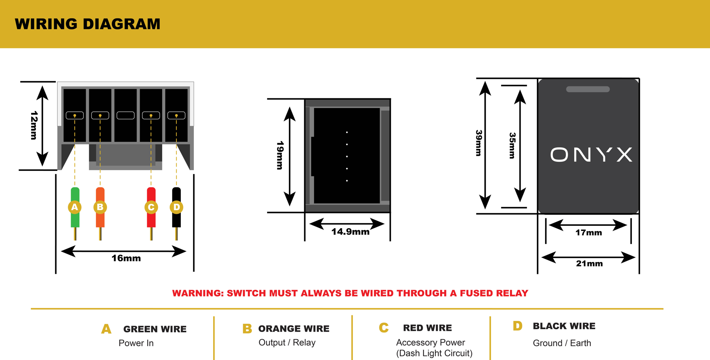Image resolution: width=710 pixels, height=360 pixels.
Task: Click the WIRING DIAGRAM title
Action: pyautogui.click(x=88, y=24)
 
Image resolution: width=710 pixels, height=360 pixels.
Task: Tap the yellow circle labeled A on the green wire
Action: pyautogui.click(x=75, y=207)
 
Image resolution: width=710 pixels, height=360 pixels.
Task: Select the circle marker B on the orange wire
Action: pyautogui.click(x=100, y=207)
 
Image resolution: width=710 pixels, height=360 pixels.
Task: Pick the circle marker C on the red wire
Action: pyautogui.click(x=151, y=207)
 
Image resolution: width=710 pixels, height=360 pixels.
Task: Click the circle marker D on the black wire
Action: pyautogui.click(x=176, y=207)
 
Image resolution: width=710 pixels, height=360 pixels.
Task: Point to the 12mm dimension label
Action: pyautogui.click(x=34, y=126)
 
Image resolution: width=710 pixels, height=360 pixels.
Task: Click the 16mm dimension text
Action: pyautogui.click(x=126, y=258)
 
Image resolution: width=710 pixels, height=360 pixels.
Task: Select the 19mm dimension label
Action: pyautogui.click(x=280, y=155)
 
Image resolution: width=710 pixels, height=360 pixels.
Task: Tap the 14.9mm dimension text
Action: pyautogui.click(x=350, y=232)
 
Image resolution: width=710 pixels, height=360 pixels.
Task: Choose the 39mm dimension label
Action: pyautogui.click(x=479, y=143)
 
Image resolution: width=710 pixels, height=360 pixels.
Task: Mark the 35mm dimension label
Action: pyautogui.click(x=512, y=145)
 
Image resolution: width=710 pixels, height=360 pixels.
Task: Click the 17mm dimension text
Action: pyautogui.click(x=588, y=232)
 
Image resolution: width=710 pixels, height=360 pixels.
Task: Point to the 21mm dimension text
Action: pyautogui.click(x=589, y=263)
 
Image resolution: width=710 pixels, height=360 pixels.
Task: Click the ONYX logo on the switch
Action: pyautogui.click(x=591, y=154)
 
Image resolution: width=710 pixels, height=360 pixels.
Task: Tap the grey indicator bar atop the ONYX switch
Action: pyautogui.click(x=588, y=89)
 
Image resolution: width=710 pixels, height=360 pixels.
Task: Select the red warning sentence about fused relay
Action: pyautogui.click(x=350, y=293)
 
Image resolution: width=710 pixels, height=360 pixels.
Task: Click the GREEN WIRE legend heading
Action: pyautogui.click(x=155, y=329)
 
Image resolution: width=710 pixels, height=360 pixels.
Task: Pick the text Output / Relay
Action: pyautogui.click(x=287, y=342)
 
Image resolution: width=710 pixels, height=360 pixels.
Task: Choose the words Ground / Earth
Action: pyautogui.click(x=562, y=343)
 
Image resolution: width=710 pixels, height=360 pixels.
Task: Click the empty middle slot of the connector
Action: pyautogui.click(x=126, y=115)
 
